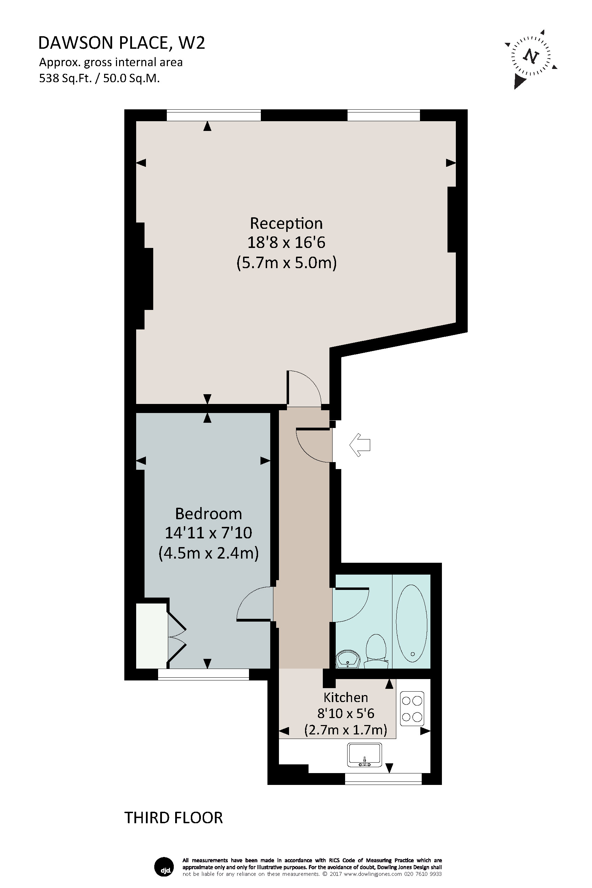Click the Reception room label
[286, 224]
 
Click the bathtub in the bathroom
[412, 623]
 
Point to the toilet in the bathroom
[376, 651]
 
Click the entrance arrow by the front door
[360, 445]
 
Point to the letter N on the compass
[531, 56]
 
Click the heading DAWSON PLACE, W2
[122, 43]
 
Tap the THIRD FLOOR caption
[174, 818]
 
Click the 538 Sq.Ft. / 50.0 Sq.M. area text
[100, 78]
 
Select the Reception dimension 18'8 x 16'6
[286, 242]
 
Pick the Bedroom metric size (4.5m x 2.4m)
[208, 553]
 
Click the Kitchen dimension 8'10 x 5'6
[345, 714]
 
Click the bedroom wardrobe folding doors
[176, 637]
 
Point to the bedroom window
[203, 674]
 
